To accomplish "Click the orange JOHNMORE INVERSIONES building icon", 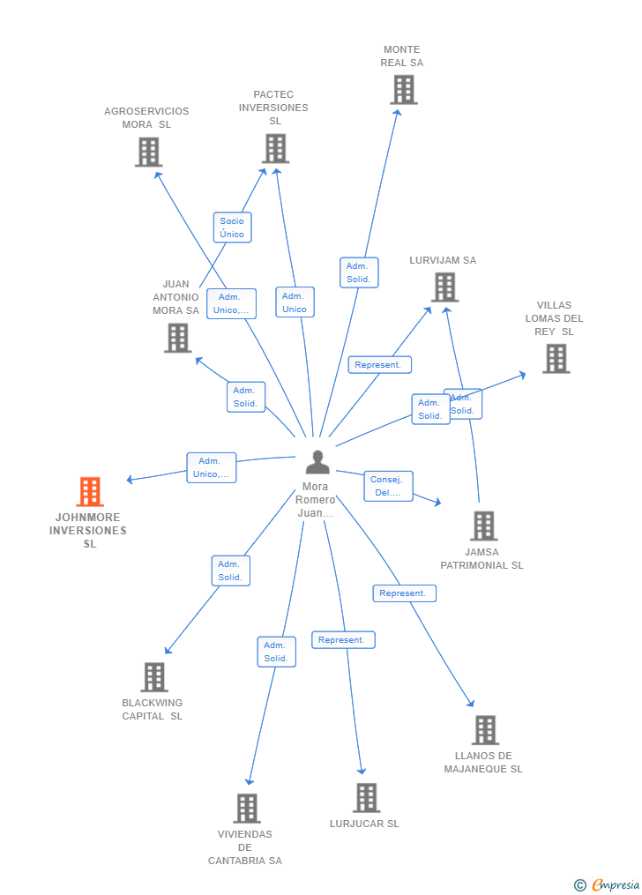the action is pyautogui.click(x=89, y=492).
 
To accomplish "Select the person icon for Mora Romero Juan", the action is pyautogui.click(x=317, y=462).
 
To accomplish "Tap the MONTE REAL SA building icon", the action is pyautogui.click(x=403, y=90).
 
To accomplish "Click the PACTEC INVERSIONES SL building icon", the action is pyautogui.click(x=275, y=148).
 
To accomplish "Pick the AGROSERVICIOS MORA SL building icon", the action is pyautogui.click(x=148, y=152).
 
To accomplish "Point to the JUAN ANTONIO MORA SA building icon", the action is pyautogui.click(x=177, y=338).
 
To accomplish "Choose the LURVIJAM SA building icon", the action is pyautogui.click(x=444, y=287).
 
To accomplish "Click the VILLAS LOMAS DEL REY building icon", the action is pyautogui.click(x=556, y=359).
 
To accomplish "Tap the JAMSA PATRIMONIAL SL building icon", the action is pyautogui.click(x=483, y=526).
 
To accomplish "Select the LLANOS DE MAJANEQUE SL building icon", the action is pyautogui.click(x=485, y=730).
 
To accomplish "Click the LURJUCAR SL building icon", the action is pyautogui.click(x=366, y=798).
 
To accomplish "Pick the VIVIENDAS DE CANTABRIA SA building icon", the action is pyautogui.click(x=246, y=809).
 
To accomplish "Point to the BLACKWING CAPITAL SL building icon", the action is pyautogui.click(x=154, y=677).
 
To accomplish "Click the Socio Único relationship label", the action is pyautogui.click(x=233, y=227).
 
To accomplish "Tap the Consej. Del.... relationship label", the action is pyautogui.click(x=388, y=487).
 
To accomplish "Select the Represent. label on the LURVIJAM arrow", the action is pyautogui.click(x=378, y=365).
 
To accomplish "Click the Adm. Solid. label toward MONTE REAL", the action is pyautogui.click(x=358, y=272).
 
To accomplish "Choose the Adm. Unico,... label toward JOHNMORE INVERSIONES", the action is pyautogui.click(x=212, y=467).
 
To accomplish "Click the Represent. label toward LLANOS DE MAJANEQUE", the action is pyautogui.click(x=403, y=593).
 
